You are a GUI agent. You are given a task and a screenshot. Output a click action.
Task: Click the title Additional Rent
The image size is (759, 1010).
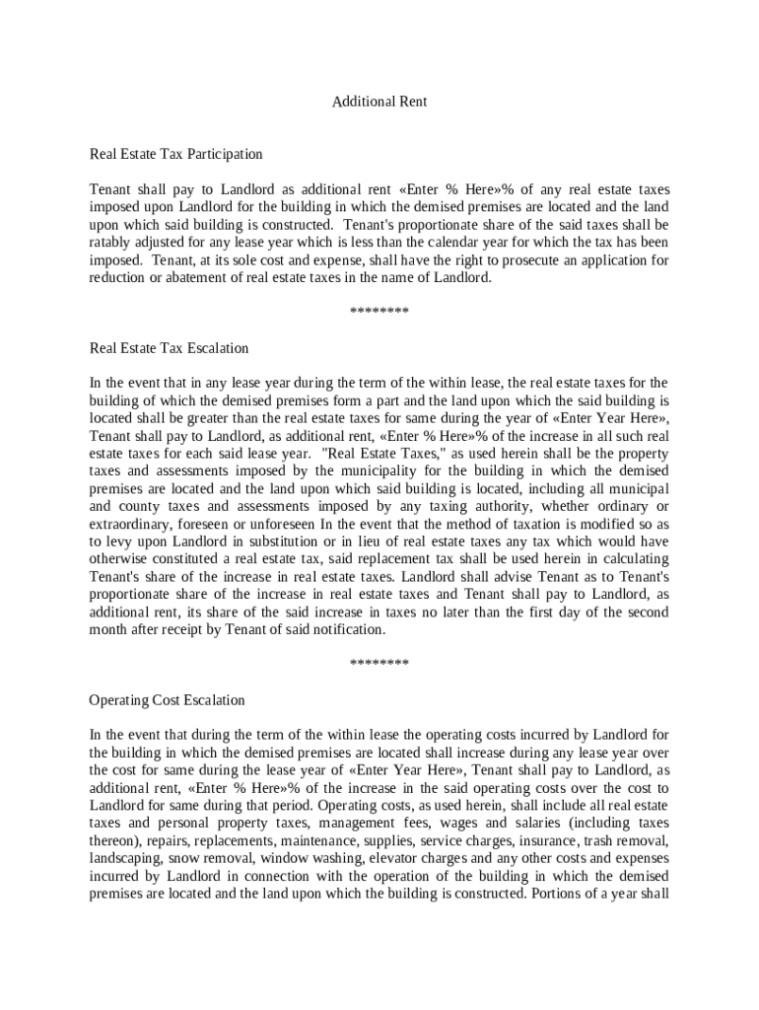[x=379, y=102]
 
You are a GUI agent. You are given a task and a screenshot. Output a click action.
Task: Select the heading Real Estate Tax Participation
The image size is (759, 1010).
[x=176, y=154]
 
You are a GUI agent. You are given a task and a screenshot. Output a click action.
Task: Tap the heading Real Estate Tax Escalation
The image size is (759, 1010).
[x=169, y=348]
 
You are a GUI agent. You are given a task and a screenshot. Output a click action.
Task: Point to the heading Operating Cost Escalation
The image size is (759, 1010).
[x=167, y=700]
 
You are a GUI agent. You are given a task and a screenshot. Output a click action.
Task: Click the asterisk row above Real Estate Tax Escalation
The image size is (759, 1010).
[x=379, y=314]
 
